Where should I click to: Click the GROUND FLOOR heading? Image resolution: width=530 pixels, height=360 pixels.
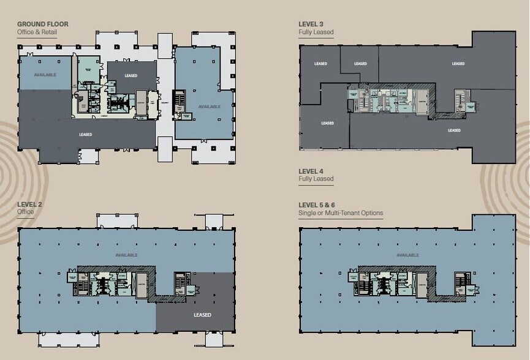tap(42, 24)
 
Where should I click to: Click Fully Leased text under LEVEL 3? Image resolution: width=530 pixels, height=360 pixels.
tap(316, 32)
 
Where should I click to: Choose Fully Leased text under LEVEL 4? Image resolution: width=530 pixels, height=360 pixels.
tap(316, 179)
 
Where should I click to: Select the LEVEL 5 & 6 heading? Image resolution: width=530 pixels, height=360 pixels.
tap(319, 205)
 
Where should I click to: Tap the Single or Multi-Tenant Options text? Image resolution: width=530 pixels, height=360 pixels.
tap(340, 214)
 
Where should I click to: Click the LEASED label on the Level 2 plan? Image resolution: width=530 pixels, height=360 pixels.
tap(202, 315)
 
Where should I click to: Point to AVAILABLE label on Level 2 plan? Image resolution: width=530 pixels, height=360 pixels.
tap(126, 255)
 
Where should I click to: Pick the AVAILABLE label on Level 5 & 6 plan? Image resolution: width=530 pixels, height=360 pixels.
tap(407, 255)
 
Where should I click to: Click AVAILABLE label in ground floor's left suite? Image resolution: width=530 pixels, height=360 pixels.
tap(45, 75)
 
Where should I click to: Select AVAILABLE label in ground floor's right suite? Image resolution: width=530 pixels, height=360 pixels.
tap(209, 107)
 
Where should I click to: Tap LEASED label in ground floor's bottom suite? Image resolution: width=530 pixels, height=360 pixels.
tap(86, 135)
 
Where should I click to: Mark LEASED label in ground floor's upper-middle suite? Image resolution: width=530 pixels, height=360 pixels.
tap(131, 76)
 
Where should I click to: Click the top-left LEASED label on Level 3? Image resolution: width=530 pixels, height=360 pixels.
tap(320, 64)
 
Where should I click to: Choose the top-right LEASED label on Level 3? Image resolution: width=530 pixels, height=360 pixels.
tap(458, 64)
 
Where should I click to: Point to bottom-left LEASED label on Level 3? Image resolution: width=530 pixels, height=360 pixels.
tap(328, 123)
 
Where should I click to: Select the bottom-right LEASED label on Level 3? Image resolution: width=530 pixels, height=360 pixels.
tap(454, 130)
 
